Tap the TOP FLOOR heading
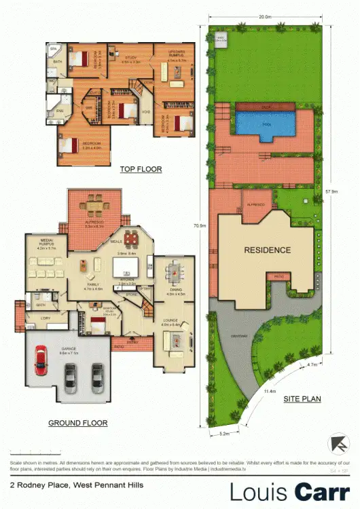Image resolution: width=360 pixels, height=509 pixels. pyautogui.click(x=141, y=169)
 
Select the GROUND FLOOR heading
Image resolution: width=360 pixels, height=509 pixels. pyautogui.click(x=78, y=423)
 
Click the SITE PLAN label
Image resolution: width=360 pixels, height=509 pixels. pyautogui.click(x=302, y=399)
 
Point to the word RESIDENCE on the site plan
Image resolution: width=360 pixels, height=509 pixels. pyautogui.click(x=267, y=250)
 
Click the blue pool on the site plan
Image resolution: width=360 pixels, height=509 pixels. pyautogui.click(x=266, y=123)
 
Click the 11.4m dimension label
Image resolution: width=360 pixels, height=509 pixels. pyautogui.click(x=269, y=391)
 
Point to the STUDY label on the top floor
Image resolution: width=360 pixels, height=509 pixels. pyautogui.click(x=132, y=57)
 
